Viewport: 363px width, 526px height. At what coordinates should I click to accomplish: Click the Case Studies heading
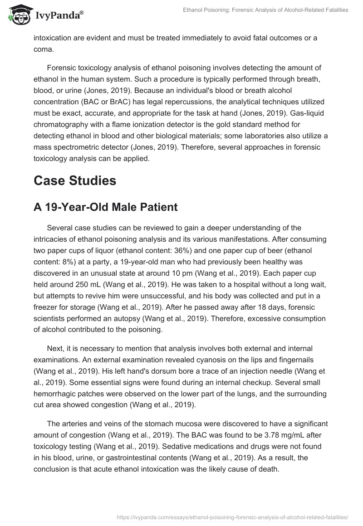tap(75, 180)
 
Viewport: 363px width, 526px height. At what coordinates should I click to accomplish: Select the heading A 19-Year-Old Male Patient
tap(105, 207)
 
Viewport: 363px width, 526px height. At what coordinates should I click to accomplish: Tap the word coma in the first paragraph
tap(44, 49)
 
